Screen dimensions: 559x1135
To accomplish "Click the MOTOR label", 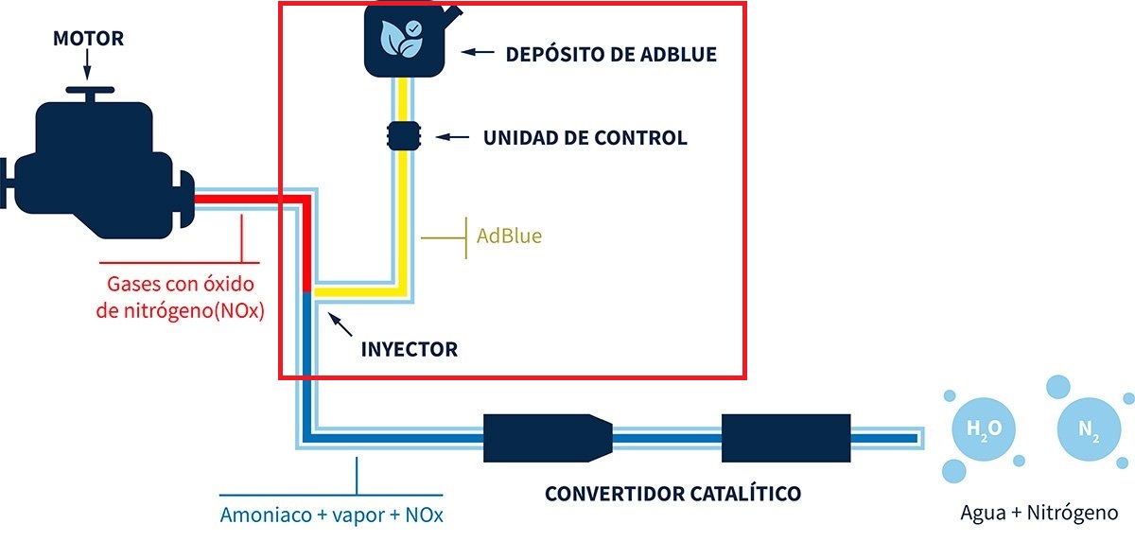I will pyautogui.click(x=88, y=39).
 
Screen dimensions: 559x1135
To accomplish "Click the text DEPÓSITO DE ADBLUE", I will pyautogui.click(x=611, y=54).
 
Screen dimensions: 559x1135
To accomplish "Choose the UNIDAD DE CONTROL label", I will pyautogui.click(x=585, y=138).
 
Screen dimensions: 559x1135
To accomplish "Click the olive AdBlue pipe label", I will pyautogui.click(x=509, y=236).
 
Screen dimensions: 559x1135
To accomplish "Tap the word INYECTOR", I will pyautogui.click(x=409, y=349).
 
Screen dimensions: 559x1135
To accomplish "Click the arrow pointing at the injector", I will pyautogui.click(x=340, y=326).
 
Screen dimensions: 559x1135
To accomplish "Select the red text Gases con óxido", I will pyautogui.click(x=181, y=284).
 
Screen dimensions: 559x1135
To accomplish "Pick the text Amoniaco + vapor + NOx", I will pyautogui.click(x=331, y=515).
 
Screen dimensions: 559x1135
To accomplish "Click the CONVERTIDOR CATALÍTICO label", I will pyautogui.click(x=672, y=493).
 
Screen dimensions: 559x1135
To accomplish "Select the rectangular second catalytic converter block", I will pyautogui.click(x=785, y=437).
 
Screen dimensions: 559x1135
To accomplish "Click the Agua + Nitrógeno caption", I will pyautogui.click(x=1039, y=513).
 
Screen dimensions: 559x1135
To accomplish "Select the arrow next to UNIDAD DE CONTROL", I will pyautogui.click(x=452, y=138).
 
